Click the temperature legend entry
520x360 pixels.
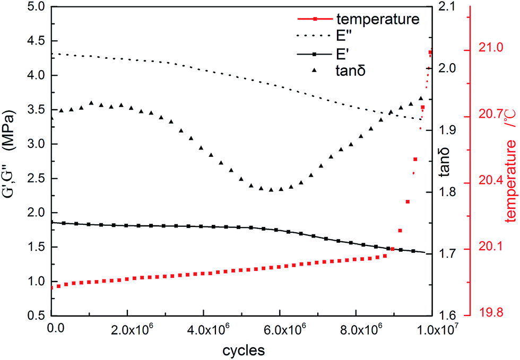point(378,20)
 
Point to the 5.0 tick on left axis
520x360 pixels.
point(33,7)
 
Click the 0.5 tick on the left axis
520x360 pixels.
point(33,315)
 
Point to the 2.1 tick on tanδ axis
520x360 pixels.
point(445,7)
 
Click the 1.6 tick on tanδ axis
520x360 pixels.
point(445,315)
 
